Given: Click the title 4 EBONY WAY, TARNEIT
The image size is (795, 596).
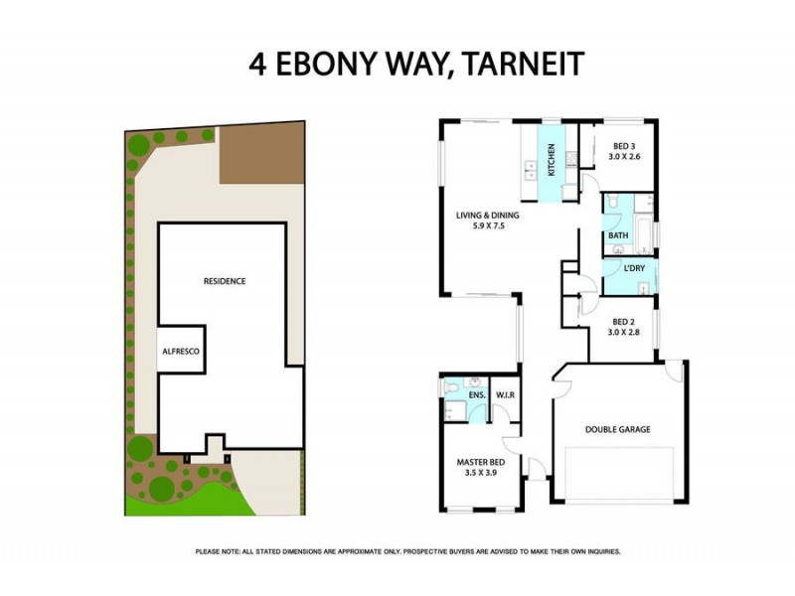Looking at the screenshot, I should (415, 65).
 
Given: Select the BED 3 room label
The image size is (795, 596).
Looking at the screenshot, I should (620, 150).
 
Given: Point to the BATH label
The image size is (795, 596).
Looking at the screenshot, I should (618, 235).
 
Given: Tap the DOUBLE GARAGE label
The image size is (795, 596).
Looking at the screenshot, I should (616, 430).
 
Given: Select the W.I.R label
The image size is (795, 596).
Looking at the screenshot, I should (504, 395).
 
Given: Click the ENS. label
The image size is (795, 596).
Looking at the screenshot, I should (477, 395).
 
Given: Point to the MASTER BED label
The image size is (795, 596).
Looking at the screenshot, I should (483, 463).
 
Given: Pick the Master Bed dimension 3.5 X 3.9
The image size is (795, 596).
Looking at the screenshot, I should (483, 474).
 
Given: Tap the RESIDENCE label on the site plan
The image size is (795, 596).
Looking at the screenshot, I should (225, 281).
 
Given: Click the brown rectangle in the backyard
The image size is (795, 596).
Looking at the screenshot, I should (260, 154).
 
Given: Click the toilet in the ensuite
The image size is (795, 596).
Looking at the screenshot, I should (452, 386).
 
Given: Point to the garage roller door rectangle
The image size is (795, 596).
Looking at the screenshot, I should (618, 475).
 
